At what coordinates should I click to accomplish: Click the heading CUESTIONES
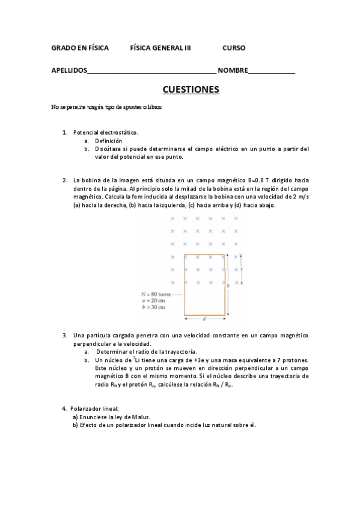pos(191,90)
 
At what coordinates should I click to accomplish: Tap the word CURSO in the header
pos(234,48)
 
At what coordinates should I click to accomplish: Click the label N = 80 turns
pos(156,294)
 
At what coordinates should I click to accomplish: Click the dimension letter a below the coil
pos(204,319)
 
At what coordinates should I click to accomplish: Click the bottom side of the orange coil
pos(204,314)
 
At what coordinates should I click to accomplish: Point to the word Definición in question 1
pos(108,140)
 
